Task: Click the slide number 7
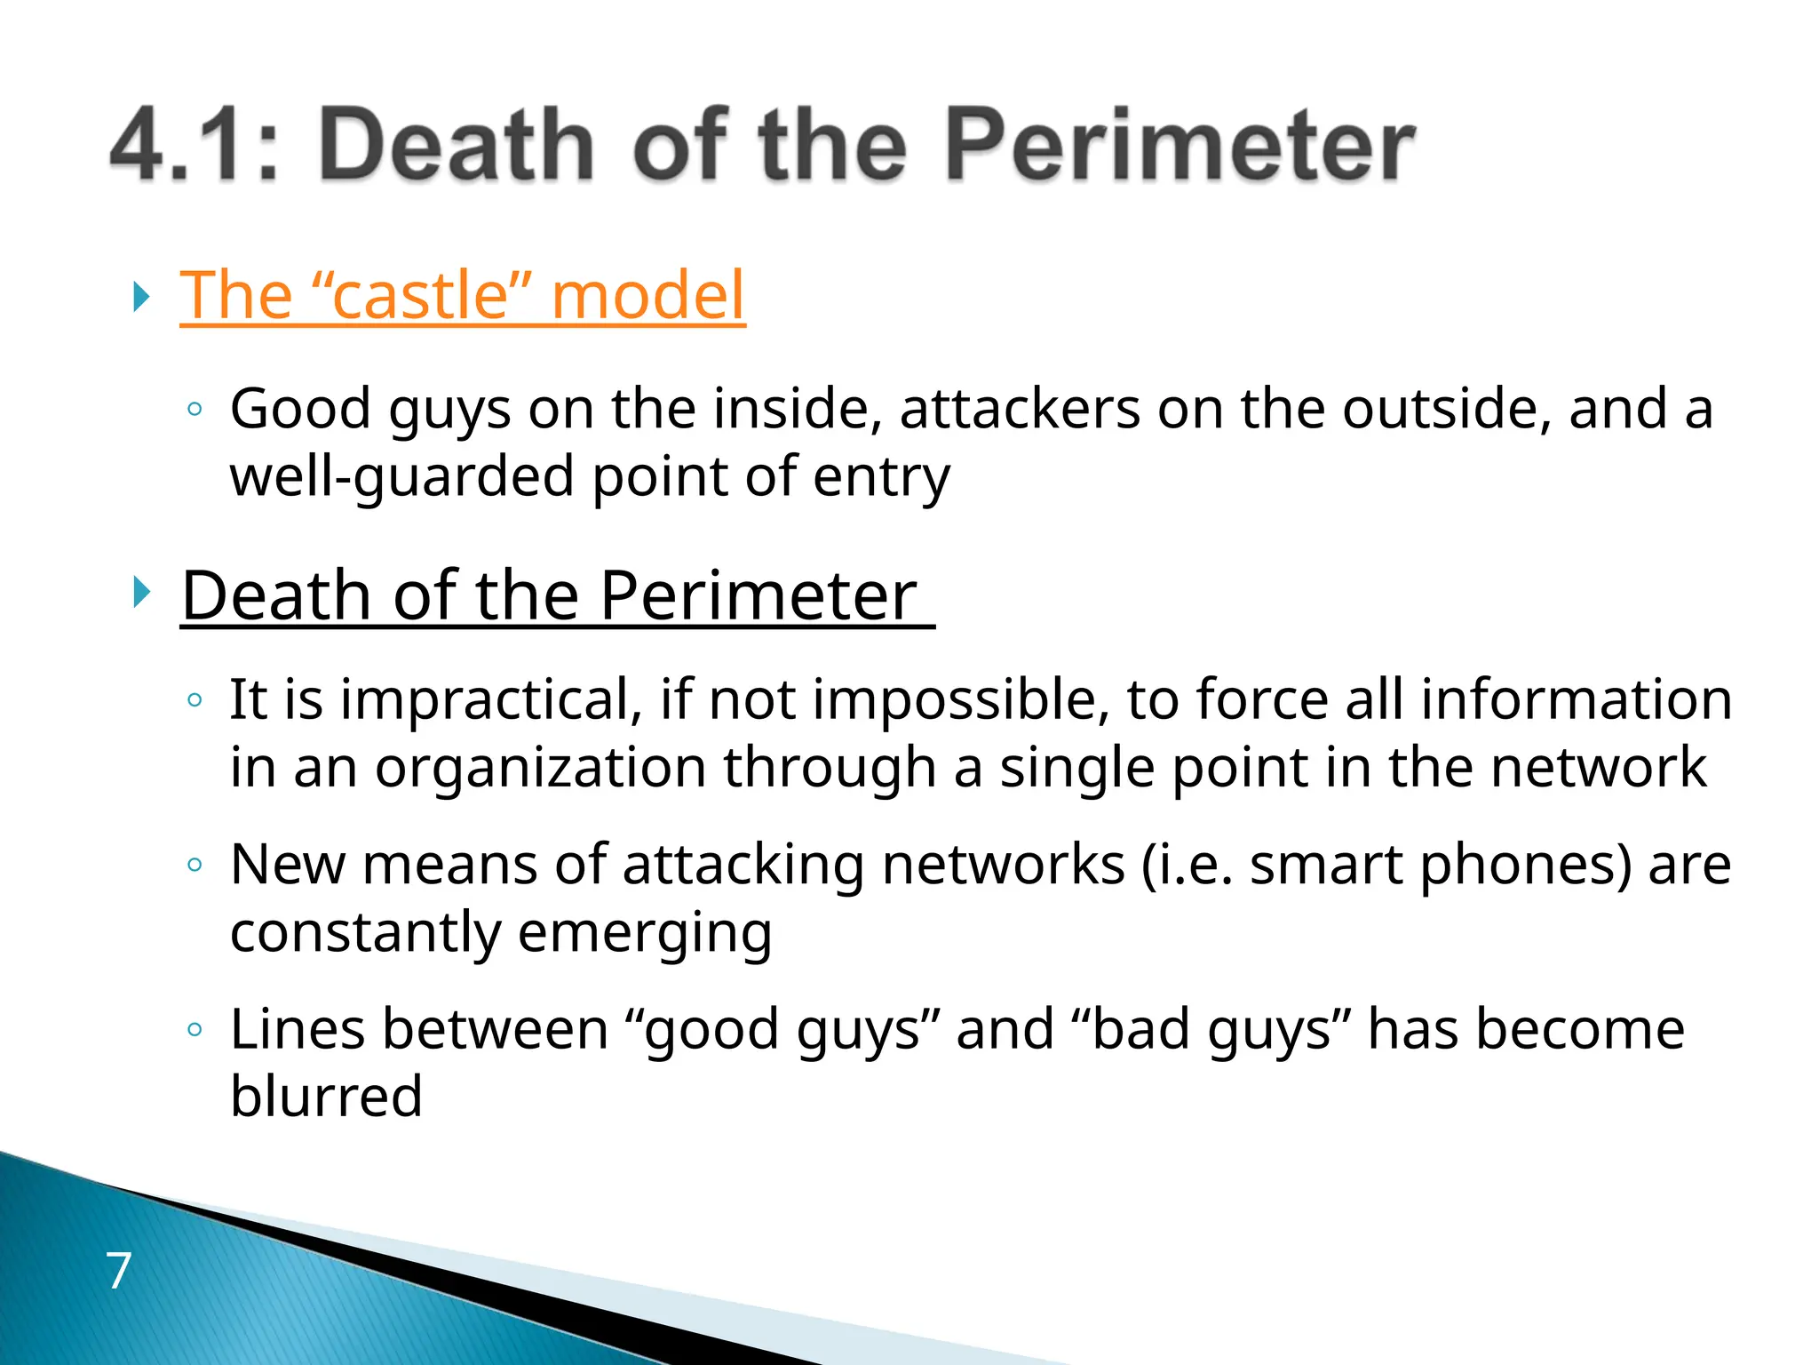pos(119,1270)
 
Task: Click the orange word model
pos(647,295)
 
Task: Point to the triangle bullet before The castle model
pos(140,296)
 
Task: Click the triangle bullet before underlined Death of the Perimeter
pos(140,592)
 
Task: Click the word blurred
pos(326,1096)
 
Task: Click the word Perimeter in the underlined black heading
pos(758,595)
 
